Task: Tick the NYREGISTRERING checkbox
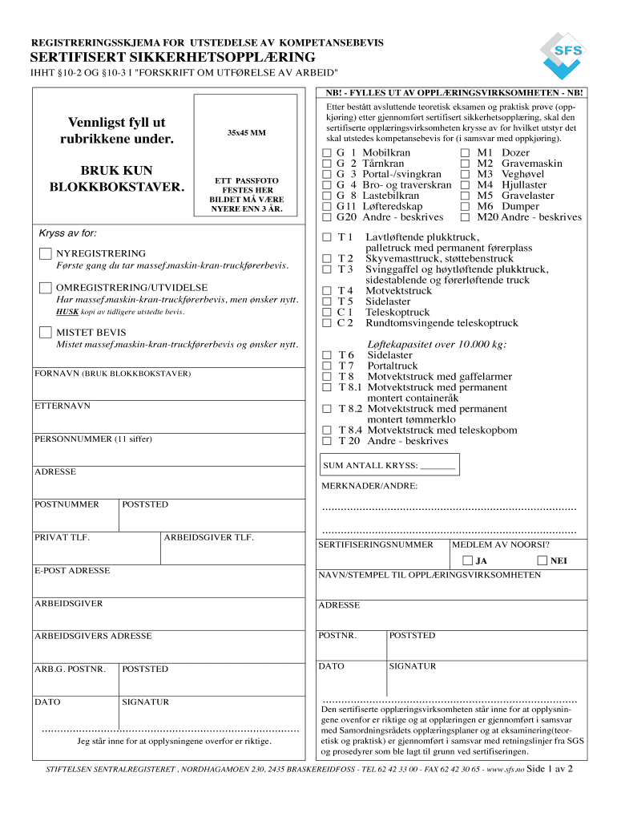46,254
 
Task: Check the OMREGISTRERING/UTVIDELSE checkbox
46,288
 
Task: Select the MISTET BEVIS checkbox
46,332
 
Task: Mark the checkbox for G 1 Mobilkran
326,152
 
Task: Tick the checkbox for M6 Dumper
466,207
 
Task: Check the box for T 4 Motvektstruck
326,291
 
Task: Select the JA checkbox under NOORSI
467,560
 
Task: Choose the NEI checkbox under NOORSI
542,560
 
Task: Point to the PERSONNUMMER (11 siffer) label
93,439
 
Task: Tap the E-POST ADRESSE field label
72,571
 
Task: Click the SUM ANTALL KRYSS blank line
438,466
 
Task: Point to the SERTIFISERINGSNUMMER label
376,544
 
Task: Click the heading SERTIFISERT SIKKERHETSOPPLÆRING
173,58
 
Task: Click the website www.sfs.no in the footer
505,769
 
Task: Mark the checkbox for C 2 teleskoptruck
326,324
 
